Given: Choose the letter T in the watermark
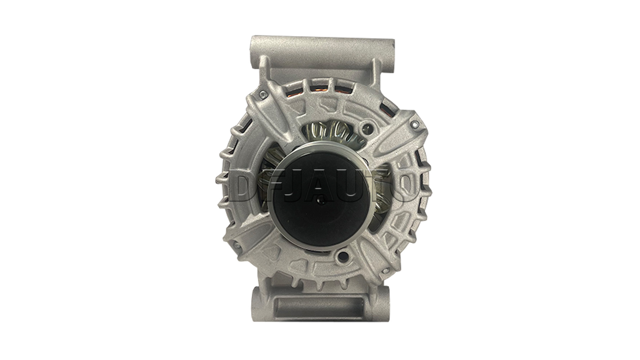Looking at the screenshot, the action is pos(373,185).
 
